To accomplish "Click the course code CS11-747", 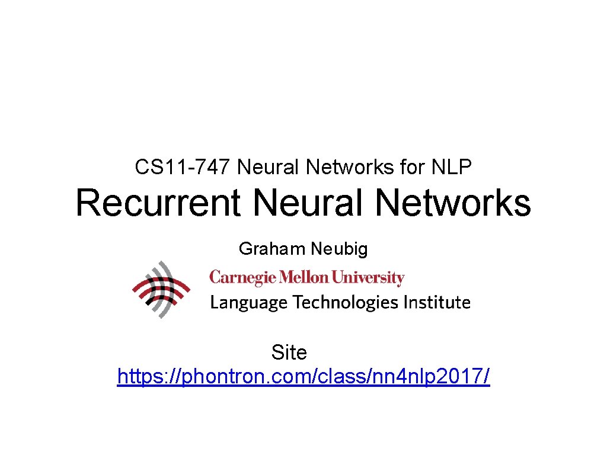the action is click(x=183, y=168).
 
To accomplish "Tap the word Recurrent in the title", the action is click(x=158, y=203).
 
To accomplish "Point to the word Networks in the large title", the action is click(x=453, y=203).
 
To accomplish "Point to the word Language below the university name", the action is click(x=249, y=303).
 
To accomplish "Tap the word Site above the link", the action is click(x=289, y=353).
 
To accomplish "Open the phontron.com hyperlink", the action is click(x=303, y=376).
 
